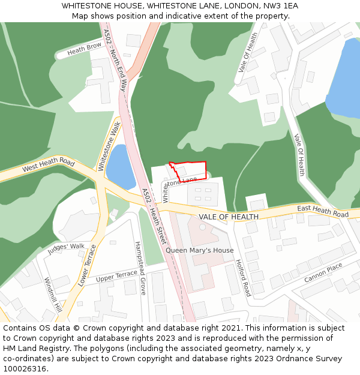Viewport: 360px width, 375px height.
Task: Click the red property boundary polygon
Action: tap(191, 170)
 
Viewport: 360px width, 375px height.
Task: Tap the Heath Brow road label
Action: tap(84, 49)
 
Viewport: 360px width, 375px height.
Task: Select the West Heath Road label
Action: tap(48, 166)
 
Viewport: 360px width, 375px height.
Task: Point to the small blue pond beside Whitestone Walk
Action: tap(119, 167)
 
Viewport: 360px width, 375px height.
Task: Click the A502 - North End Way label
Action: tap(115, 59)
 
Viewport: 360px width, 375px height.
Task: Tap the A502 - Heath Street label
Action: tap(154, 215)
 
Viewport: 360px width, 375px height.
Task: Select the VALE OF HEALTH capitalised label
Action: tap(229, 217)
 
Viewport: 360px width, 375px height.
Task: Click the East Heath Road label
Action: tap(323, 211)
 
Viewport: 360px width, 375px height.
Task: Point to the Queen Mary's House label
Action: tap(200, 250)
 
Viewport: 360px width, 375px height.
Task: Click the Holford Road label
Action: tap(243, 277)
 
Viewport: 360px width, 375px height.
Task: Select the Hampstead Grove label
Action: tap(140, 268)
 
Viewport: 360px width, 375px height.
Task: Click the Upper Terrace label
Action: tap(117, 276)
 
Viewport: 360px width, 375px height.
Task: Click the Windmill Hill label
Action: tap(53, 295)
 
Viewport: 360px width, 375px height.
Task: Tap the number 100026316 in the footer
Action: tap(24, 369)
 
